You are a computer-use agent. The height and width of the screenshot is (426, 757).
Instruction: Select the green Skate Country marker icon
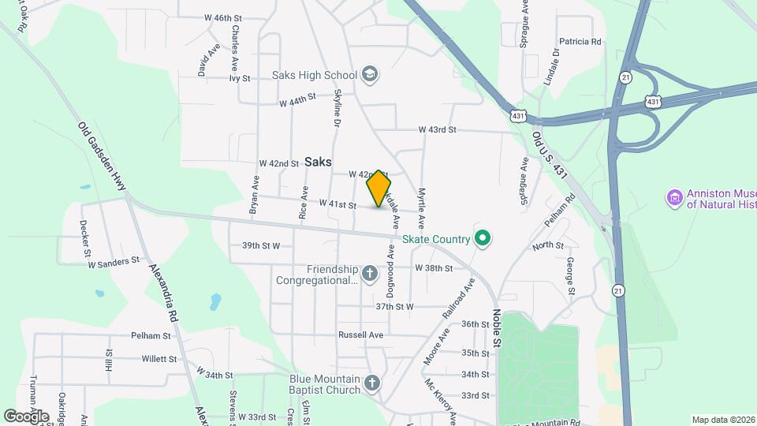pos(483,238)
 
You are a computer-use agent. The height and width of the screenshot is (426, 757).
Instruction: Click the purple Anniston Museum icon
pos(674,197)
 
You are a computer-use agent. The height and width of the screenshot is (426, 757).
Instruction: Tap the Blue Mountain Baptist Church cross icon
pos(372,383)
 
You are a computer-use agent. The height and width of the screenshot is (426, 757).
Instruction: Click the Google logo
pos(26,416)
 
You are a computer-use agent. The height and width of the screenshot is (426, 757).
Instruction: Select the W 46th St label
pos(222,17)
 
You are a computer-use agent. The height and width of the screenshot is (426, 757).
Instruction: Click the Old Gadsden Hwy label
pos(102,154)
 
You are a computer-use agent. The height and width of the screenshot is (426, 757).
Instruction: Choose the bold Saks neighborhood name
pos(318,161)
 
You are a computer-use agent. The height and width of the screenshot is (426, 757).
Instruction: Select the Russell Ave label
pos(360,334)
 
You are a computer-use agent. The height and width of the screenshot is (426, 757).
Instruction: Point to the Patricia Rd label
pos(580,41)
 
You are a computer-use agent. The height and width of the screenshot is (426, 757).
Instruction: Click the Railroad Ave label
pos(459,297)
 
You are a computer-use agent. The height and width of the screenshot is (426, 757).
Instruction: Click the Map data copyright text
pos(723,420)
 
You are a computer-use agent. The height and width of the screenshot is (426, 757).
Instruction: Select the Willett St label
pos(159,359)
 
